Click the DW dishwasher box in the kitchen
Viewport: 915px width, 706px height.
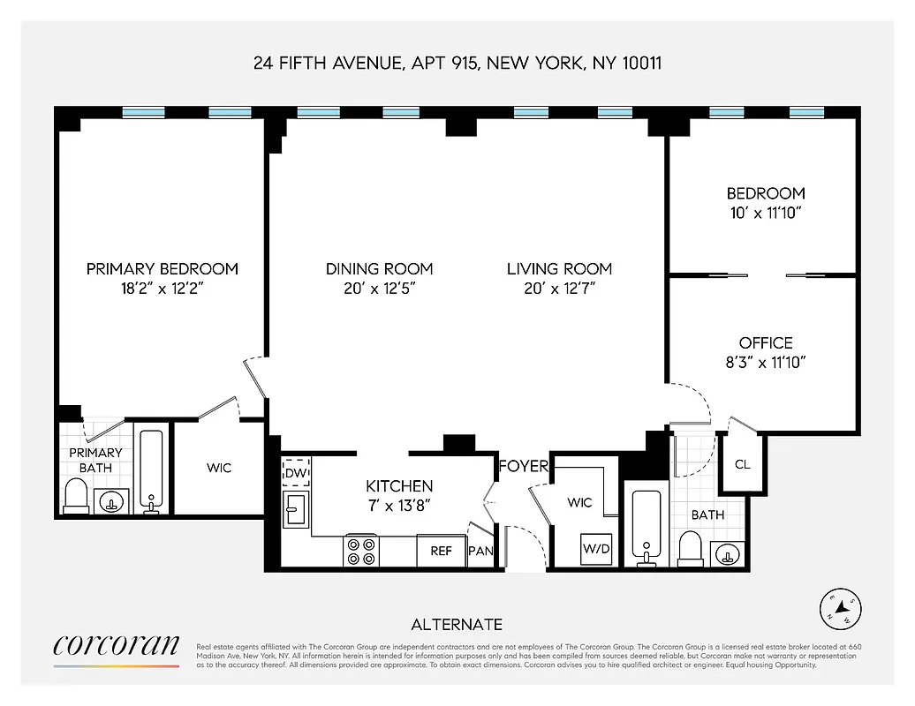click(x=296, y=473)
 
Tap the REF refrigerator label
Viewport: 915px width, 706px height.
click(x=441, y=551)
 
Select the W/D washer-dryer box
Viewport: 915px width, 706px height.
click(x=595, y=549)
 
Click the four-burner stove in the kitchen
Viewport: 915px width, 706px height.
click(x=361, y=551)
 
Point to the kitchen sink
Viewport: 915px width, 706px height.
click(x=295, y=510)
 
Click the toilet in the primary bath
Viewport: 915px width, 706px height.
click(x=76, y=496)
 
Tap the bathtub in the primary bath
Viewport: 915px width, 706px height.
click(x=151, y=471)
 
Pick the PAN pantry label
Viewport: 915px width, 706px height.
click(x=480, y=551)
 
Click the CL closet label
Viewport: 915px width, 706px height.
click(x=742, y=464)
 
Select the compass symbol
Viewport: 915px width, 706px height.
click(x=840, y=608)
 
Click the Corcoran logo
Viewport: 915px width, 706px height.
click(x=116, y=648)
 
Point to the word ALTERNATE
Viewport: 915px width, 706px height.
click(x=457, y=625)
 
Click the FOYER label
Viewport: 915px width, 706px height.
click(x=523, y=466)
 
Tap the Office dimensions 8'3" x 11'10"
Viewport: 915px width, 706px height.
click(x=765, y=361)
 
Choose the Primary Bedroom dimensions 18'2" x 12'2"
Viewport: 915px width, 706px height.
click(x=162, y=288)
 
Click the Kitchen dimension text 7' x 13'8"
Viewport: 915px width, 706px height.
click(x=399, y=505)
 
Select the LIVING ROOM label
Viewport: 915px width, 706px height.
click(x=559, y=268)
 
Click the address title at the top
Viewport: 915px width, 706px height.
click(x=457, y=64)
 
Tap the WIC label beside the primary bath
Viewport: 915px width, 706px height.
click(x=219, y=467)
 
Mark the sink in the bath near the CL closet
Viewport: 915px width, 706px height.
click(x=727, y=554)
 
